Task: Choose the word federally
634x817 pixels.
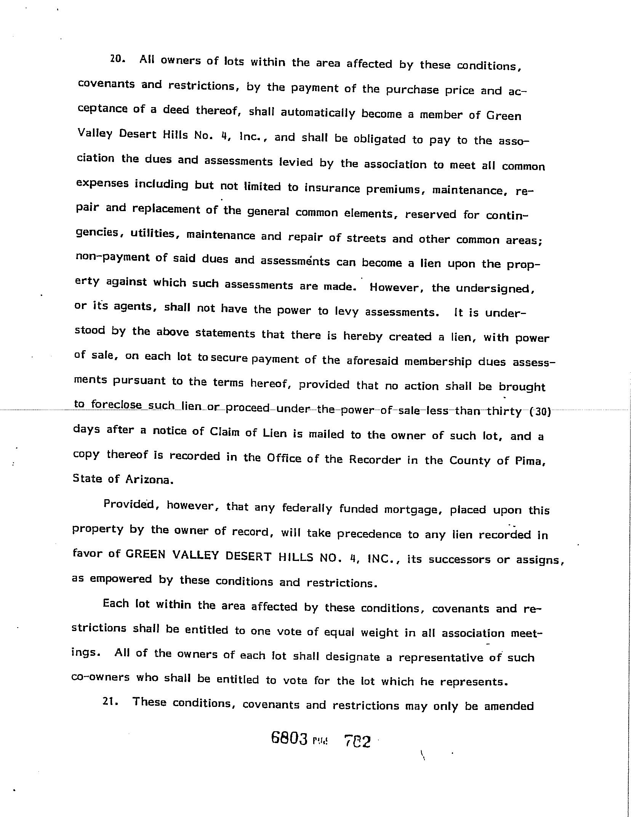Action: (307, 508)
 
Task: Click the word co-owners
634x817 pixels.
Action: (100, 677)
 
